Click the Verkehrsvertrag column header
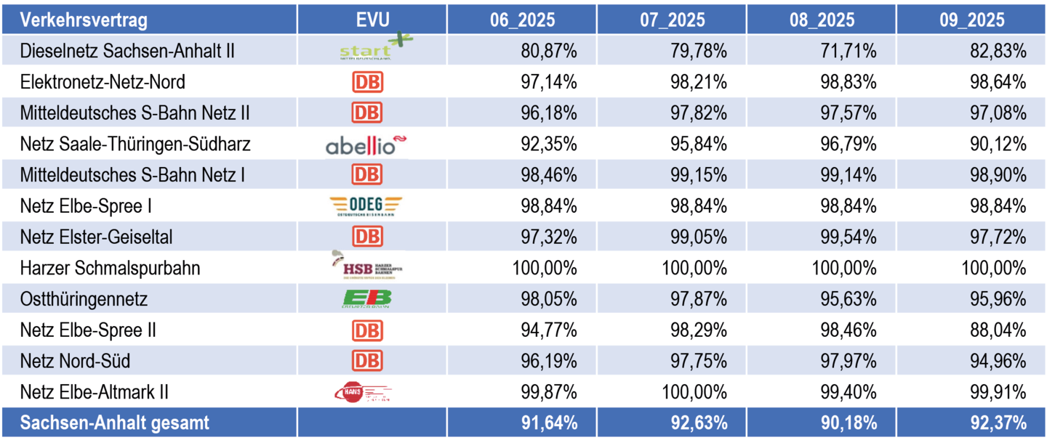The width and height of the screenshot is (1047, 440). coord(84,20)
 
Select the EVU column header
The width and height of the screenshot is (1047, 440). coord(372,20)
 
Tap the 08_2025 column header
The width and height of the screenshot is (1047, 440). coord(822,20)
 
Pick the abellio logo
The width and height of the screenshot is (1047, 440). coord(366,144)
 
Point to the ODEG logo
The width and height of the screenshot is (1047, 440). coord(365,206)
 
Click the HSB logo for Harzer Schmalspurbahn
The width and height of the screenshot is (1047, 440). coord(367,268)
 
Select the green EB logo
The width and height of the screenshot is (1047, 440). coord(367,299)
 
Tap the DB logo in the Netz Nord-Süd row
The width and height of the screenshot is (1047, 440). coord(367,361)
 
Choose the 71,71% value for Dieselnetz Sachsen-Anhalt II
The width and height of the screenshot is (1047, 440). coord(851,51)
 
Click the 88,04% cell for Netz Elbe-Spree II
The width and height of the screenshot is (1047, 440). coord(1000,330)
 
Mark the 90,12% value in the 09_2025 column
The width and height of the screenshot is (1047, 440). coord(1000,144)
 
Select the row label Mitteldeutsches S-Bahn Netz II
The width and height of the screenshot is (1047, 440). coord(135,113)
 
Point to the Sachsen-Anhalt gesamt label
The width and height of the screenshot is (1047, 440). coord(114,423)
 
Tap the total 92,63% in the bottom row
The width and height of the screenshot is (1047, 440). coord(701,423)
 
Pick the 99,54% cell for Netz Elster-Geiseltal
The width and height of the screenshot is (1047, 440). coord(851,237)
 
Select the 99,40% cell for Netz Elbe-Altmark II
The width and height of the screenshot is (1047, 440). coord(851,392)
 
